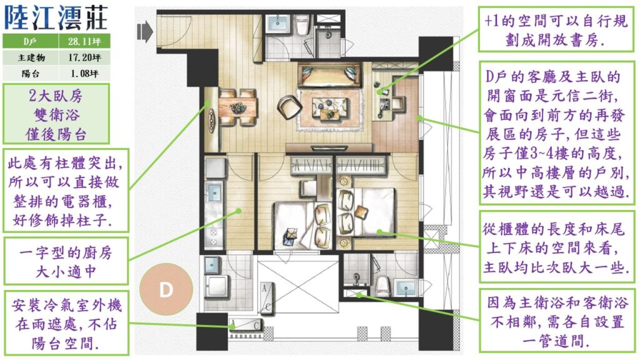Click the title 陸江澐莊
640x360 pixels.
pos(56,17)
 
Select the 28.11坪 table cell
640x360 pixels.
pos(84,41)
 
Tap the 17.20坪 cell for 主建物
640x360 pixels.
pos(84,57)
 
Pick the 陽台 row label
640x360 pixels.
pos(31,74)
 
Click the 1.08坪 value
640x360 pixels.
pos(84,74)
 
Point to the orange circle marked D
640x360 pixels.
pos(166,289)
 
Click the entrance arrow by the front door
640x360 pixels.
pos(145,31)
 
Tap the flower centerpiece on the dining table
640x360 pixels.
pos(237,107)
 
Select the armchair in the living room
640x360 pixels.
pos(289,106)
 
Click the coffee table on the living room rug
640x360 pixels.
pos(330,109)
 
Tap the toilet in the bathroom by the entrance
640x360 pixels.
pos(302,26)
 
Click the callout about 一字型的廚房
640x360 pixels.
pos(66,262)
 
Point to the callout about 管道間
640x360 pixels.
pos(557,321)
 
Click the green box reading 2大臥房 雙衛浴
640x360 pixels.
pos(56,114)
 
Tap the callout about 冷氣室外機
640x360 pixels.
pos(66,323)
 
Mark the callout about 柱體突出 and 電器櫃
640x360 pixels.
pos(66,191)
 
